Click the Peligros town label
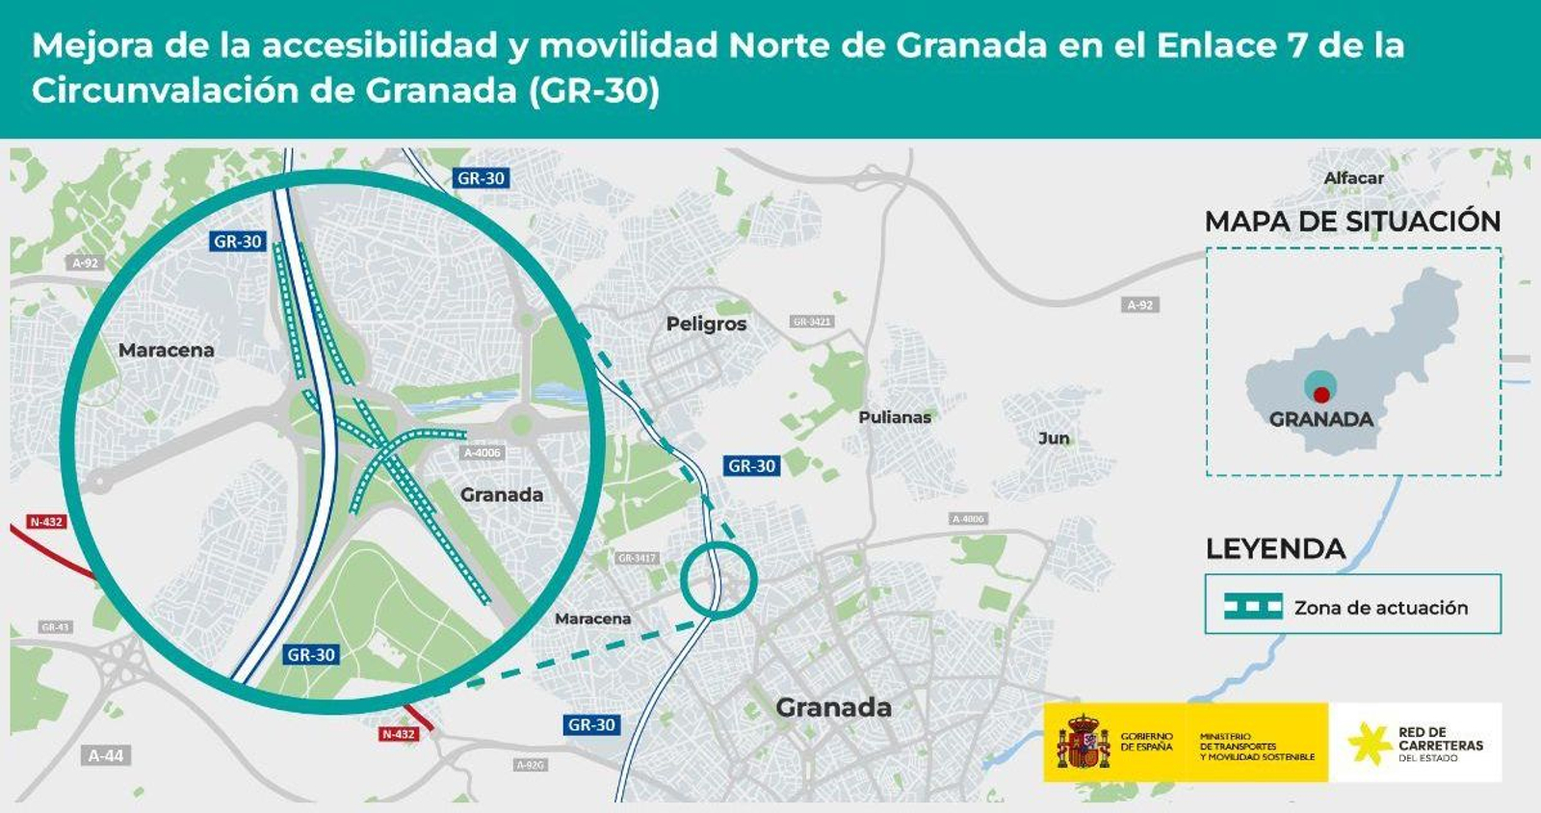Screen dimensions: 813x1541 (x=706, y=324)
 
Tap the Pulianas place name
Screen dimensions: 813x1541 (x=895, y=417)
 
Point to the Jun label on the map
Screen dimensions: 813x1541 (x=1054, y=438)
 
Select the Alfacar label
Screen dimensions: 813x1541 (x=1353, y=178)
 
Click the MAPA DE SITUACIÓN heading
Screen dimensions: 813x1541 (x=1352, y=222)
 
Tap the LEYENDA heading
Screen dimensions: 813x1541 (x=1275, y=549)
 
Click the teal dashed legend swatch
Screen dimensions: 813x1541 (x=1253, y=606)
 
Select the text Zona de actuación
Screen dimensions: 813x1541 (x=1380, y=608)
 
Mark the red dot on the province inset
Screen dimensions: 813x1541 (x=1321, y=394)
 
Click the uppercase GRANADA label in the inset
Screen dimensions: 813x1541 (x=1320, y=419)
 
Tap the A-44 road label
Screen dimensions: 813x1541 (x=106, y=755)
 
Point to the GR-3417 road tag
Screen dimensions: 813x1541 (x=637, y=558)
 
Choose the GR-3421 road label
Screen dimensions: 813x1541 (x=812, y=321)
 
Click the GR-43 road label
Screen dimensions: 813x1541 (x=55, y=627)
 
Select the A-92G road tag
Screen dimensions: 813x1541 (x=531, y=765)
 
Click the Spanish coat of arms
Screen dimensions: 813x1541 (x=1083, y=742)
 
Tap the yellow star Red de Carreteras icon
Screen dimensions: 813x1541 (x=1369, y=743)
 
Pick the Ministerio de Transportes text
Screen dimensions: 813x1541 (x=1256, y=747)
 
